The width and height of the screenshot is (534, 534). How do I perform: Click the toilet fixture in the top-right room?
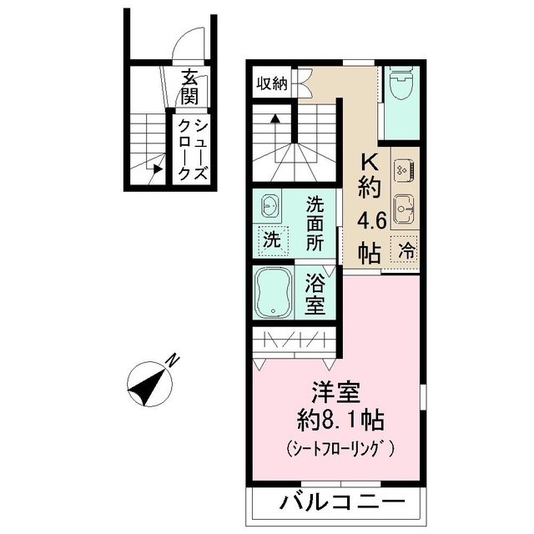click(400, 83)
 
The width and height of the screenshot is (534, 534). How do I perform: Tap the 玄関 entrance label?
click(190, 88)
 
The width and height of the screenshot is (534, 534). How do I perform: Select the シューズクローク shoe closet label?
click(192, 150)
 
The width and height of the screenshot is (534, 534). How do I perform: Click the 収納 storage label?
click(271, 83)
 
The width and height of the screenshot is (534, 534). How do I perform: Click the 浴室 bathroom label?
click(315, 294)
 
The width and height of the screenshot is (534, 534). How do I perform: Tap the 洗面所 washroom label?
click(315, 224)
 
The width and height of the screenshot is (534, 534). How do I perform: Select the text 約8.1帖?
click(335, 420)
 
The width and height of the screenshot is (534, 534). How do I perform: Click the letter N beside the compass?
click(171, 360)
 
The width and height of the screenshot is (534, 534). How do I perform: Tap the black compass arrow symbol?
click(148, 385)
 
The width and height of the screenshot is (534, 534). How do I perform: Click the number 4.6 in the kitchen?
click(369, 221)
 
